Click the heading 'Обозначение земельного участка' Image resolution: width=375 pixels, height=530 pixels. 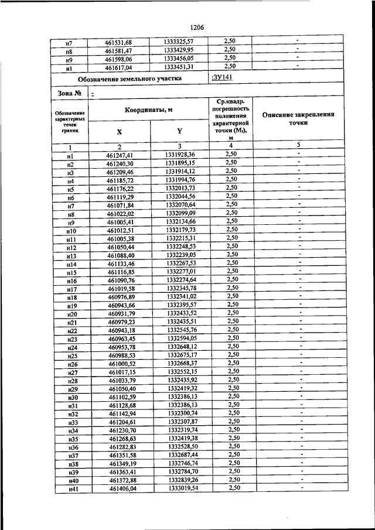pyautogui.click(x=129, y=78)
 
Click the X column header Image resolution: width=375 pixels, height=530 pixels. pyautogui.click(x=119, y=132)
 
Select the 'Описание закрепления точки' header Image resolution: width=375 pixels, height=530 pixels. pyautogui.click(x=298, y=119)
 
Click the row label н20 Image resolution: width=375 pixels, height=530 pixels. pyautogui.click(x=73, y=315)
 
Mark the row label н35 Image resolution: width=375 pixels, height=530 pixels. pyautogui.click(x=73, y=439)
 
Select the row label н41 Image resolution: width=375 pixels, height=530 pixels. pyautogui.click(x=73, y=488)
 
